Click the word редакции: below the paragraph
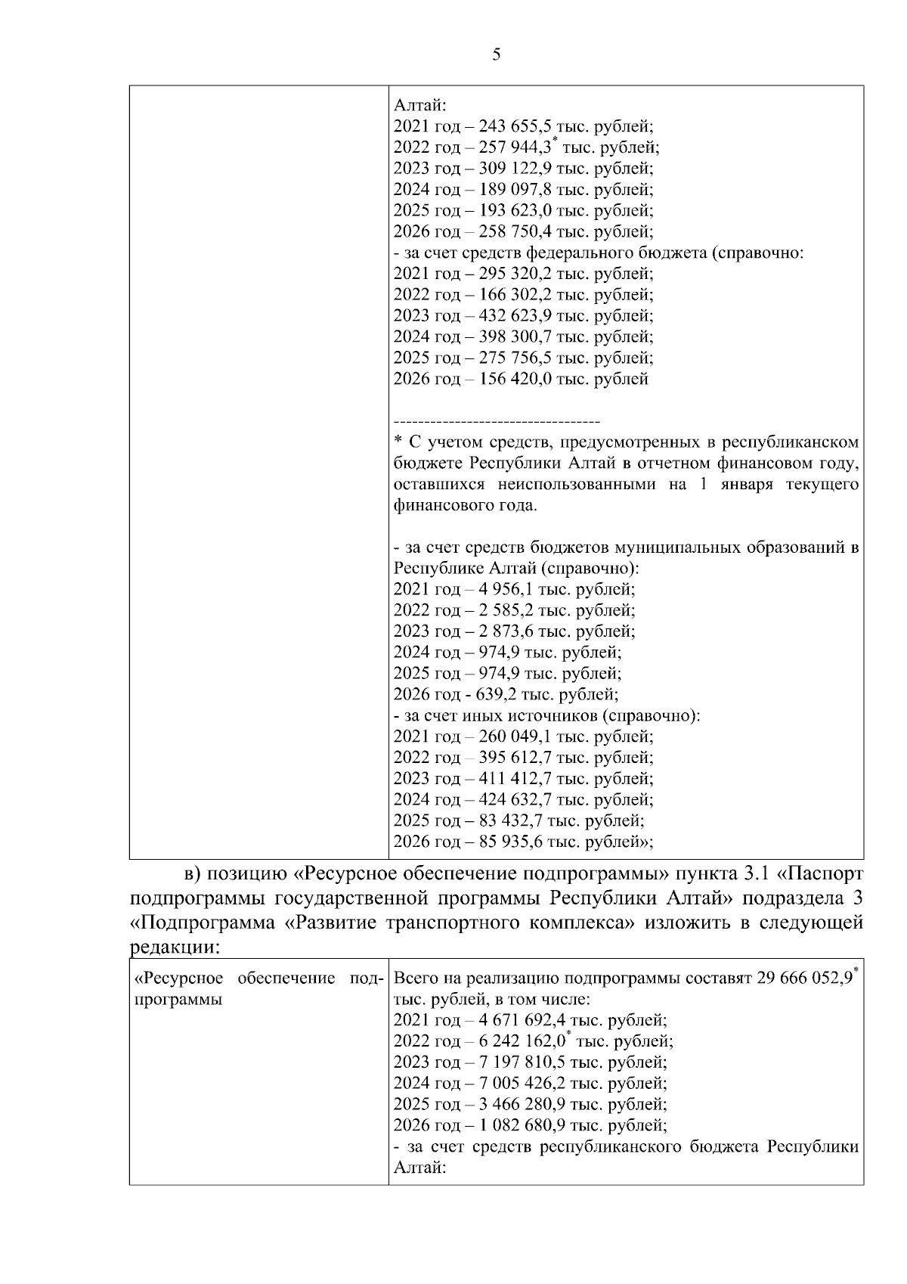175,947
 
